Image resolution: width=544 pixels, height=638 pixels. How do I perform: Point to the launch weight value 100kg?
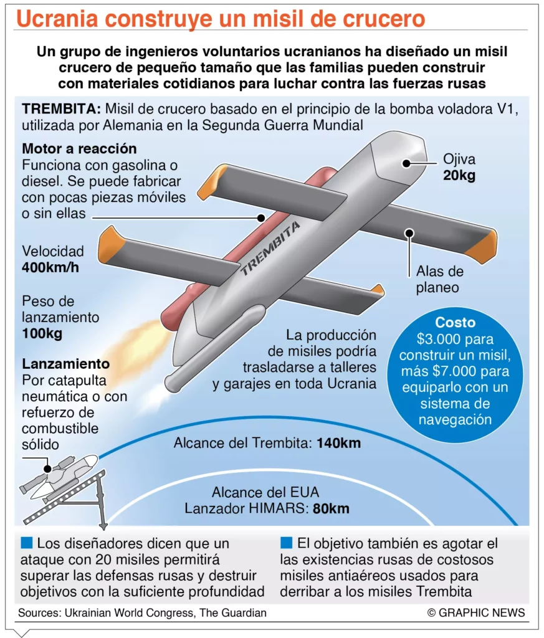(x=42, y=333)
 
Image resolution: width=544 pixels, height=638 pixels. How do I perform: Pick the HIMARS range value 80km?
(x=331, y=508)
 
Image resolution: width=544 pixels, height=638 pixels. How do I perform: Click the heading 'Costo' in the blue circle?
(x=455, y=323)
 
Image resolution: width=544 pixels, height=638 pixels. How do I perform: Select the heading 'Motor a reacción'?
(x=79, y=150)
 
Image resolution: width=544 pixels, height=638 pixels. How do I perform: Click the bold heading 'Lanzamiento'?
(x=65, y=364)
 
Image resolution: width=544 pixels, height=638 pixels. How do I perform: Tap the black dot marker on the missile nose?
(x=406, y=163)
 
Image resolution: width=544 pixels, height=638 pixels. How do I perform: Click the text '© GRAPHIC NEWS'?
(x=476, y=612)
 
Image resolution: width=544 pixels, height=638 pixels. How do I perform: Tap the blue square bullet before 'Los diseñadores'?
(x=26, y=543)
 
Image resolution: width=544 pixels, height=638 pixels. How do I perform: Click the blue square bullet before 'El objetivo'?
(x=286, y=543)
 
